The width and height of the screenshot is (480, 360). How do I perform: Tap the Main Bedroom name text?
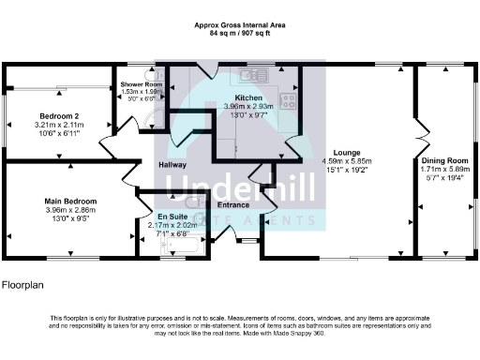[x=71, y=201]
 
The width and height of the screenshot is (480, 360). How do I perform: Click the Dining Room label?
[x=444, y=160]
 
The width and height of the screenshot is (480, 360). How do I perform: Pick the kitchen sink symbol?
[x=253, y=74]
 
